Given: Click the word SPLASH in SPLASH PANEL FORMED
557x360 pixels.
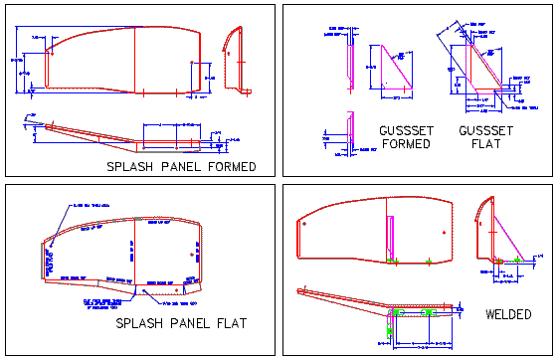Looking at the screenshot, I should [x=128, y=166].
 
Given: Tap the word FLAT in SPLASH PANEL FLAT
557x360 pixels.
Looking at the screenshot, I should [x=229, y=324].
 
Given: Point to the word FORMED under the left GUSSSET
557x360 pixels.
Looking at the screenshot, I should [x=405, y=144].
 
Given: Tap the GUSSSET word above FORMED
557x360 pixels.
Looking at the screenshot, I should [x=405, y=130].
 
